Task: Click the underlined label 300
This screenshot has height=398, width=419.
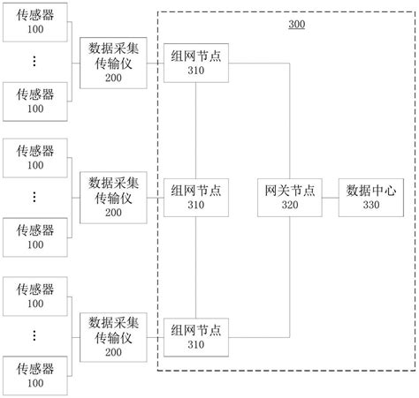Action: [x=297, y=24]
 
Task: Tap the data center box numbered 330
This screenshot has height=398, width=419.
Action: [x=371, y=196]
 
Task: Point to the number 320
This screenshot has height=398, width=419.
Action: [x=290, y=205]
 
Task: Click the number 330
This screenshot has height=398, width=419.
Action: [x=371, y=205]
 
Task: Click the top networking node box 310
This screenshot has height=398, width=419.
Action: [x=195, y=63]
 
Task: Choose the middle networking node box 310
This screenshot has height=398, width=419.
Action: [x=195, y=196]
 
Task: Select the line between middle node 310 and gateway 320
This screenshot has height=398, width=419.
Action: [x=241, y=196]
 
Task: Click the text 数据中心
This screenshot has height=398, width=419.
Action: [x=371, y=188]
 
